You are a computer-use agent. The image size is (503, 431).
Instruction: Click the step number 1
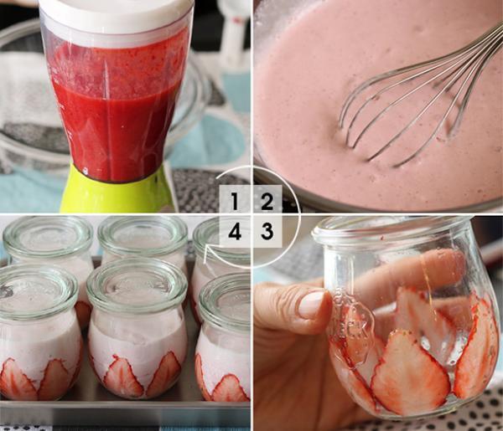click(x=235, y=201)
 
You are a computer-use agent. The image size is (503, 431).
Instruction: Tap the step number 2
click(x=267, y=201)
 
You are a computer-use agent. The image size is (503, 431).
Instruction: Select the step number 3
click(x=267, y=231)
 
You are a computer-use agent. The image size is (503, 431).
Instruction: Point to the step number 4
click(x=235, y=231)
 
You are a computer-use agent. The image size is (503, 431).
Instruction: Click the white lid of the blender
click(x=117, y=12)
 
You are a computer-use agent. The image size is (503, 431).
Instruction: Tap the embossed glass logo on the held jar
click(x=353, y=317)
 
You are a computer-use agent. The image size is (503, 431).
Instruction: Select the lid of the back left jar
click(x=48, y=237)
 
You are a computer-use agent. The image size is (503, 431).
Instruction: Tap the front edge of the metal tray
click(x=125, y=413)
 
